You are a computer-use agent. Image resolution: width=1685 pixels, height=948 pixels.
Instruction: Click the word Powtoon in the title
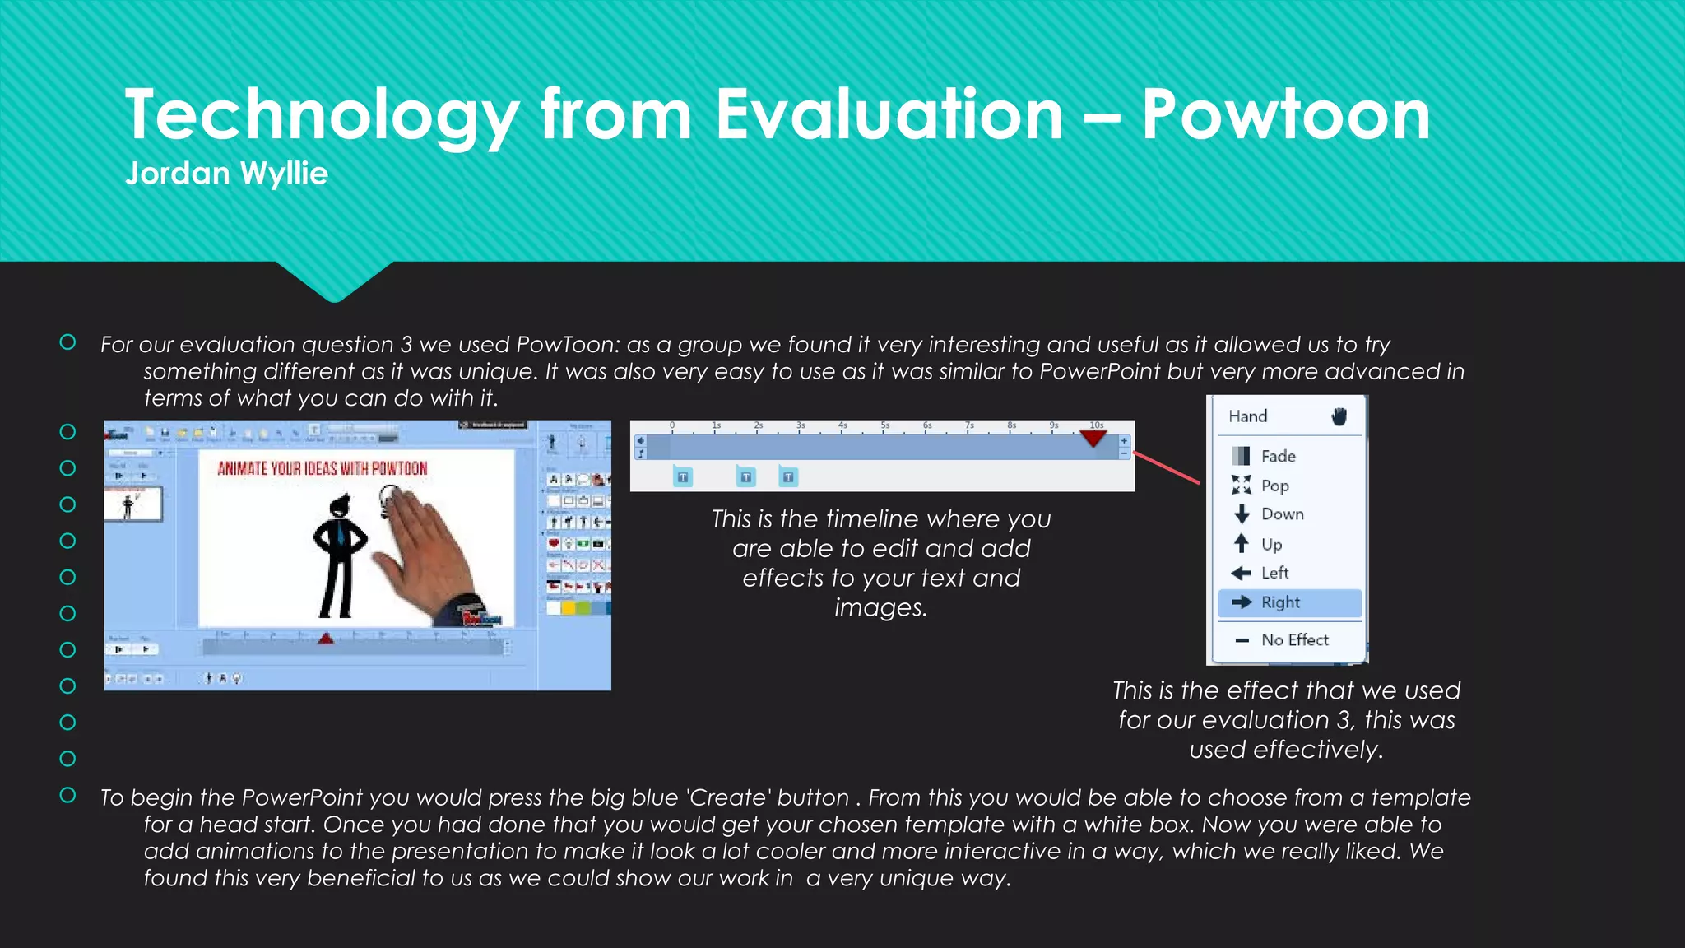(x=1285, y=115)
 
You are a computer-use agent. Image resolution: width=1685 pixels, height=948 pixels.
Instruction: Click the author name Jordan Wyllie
(x=226, y=174)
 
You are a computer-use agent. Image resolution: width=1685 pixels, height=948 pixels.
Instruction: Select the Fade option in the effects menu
(x=1278, y=456)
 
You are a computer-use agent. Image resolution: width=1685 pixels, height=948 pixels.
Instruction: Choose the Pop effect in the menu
(x=1274, y=486)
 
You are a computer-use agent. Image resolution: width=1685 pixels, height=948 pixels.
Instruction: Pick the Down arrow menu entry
(x=1282, y=514)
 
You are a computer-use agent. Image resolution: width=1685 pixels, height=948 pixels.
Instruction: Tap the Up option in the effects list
(x=1271, y=544)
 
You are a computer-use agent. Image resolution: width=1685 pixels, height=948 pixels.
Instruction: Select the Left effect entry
(x=1274, y=573)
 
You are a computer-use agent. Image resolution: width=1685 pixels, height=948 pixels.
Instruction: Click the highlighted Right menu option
(x=1280, y=602)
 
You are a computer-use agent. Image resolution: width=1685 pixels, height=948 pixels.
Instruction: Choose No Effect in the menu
(x=1294, y=640)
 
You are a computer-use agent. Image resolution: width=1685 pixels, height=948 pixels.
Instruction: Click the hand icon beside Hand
(x=1339, y=416)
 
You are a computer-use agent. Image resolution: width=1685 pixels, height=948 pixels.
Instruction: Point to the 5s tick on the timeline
(x=884, y=426)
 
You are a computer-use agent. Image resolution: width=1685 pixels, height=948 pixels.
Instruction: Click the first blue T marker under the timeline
(x=683, y=477)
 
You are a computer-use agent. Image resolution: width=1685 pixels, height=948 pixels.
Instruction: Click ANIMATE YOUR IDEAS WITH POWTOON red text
(x=322, y=469)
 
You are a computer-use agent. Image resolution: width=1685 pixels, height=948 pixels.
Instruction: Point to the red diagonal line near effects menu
(x=1167, y=467)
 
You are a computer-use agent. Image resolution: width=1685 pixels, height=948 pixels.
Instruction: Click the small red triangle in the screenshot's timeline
(x=326, y=639)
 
